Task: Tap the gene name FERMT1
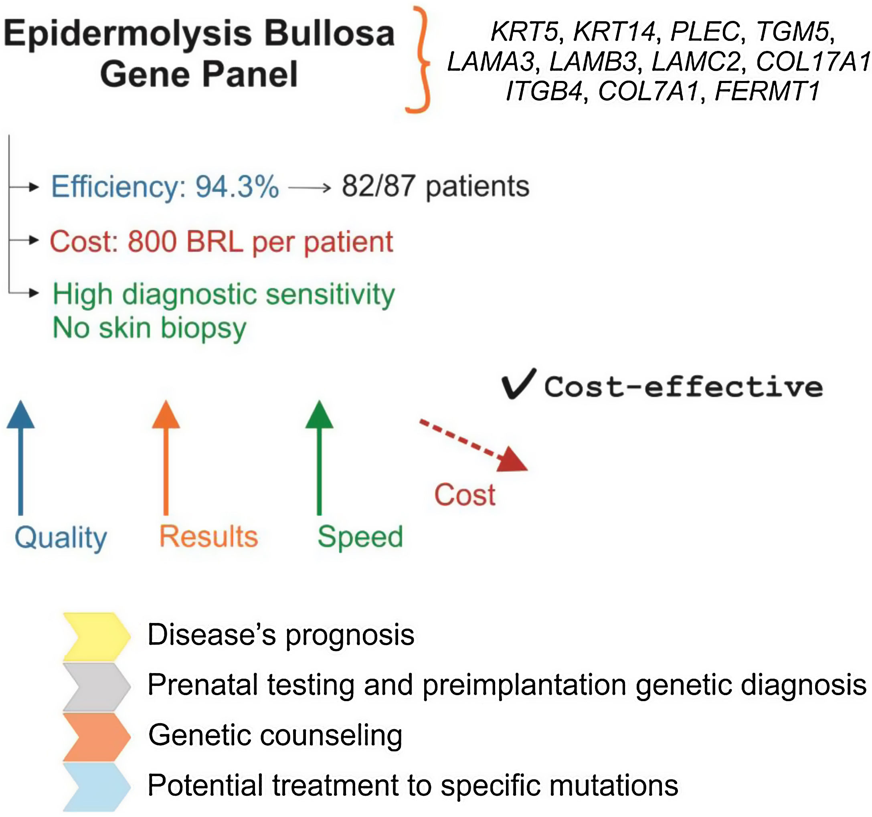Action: click(x=767, y=91)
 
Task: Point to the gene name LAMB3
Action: click(x=593, y=61)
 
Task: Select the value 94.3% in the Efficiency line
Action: click(x=237, y=187)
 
